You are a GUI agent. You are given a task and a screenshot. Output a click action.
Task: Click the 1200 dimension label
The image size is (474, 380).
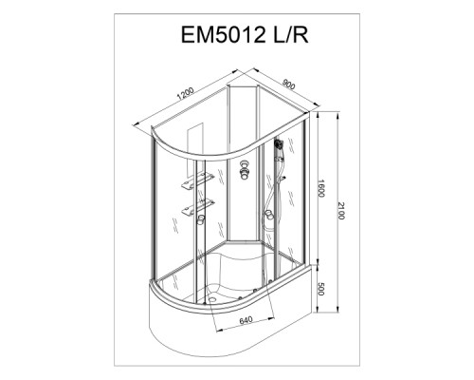coord(186,93)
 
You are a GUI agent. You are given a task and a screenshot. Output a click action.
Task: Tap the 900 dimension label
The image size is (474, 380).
coord(289,85)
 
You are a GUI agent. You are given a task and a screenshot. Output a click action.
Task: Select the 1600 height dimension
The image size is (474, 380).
coord(321,188)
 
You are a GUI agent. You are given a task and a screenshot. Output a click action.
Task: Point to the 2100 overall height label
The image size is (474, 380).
coord(341,210)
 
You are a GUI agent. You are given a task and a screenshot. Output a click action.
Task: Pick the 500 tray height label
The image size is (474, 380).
coord(320,289)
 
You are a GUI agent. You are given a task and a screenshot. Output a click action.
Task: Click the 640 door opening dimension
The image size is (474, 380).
coord(246,320)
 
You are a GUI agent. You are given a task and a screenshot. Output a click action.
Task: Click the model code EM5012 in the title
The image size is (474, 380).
coord(223,35)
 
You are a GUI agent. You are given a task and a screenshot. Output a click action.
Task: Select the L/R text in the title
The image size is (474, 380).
coord(290,35)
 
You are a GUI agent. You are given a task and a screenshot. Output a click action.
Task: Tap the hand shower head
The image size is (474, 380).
coord(278,143)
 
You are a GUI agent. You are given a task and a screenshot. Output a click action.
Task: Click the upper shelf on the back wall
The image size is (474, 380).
coord(197,181)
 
